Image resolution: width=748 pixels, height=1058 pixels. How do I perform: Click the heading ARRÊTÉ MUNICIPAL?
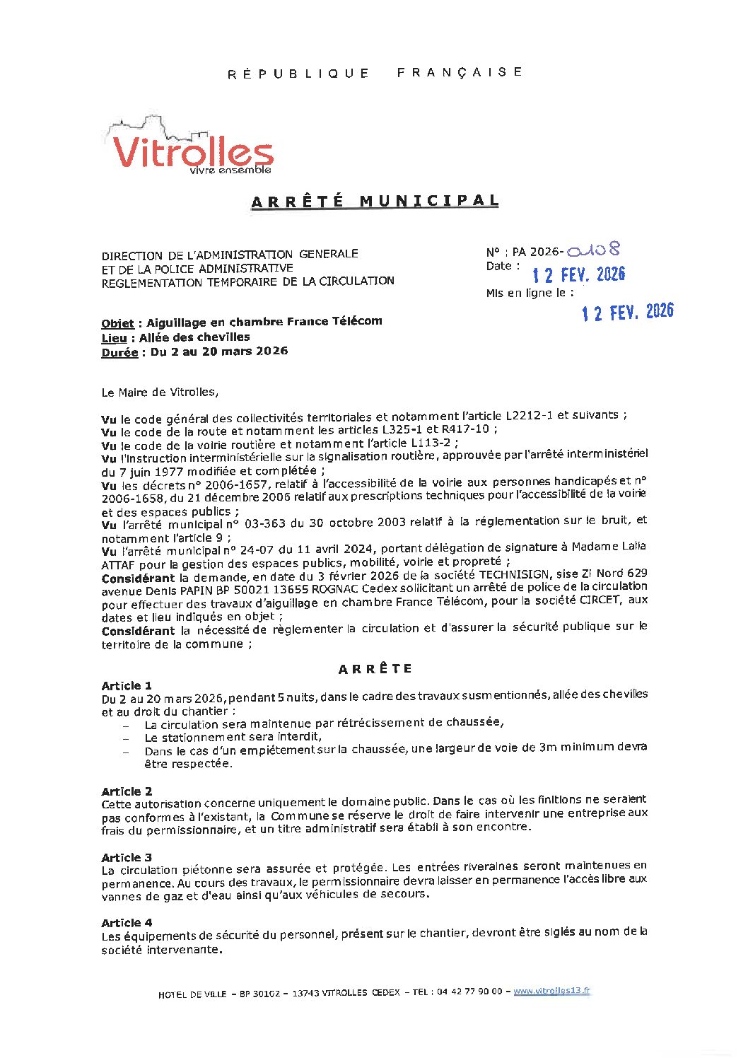375,202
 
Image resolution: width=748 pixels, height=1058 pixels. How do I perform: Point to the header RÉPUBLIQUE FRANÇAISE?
375,73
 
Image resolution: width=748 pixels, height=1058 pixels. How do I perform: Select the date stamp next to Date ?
578,274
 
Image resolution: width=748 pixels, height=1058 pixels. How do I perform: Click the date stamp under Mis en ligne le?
627,311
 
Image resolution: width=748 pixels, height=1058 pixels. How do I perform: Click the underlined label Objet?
117,323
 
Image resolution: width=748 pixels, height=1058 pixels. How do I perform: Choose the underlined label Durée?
119,352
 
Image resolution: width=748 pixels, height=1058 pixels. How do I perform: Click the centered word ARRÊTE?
375,669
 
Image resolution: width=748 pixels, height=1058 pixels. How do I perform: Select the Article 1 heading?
127,685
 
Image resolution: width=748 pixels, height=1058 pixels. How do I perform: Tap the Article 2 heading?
127,791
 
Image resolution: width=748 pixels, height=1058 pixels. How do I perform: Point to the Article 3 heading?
127,857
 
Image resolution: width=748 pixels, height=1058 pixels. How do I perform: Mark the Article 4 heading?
127,922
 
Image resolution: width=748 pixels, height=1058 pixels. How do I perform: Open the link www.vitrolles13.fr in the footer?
551,991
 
